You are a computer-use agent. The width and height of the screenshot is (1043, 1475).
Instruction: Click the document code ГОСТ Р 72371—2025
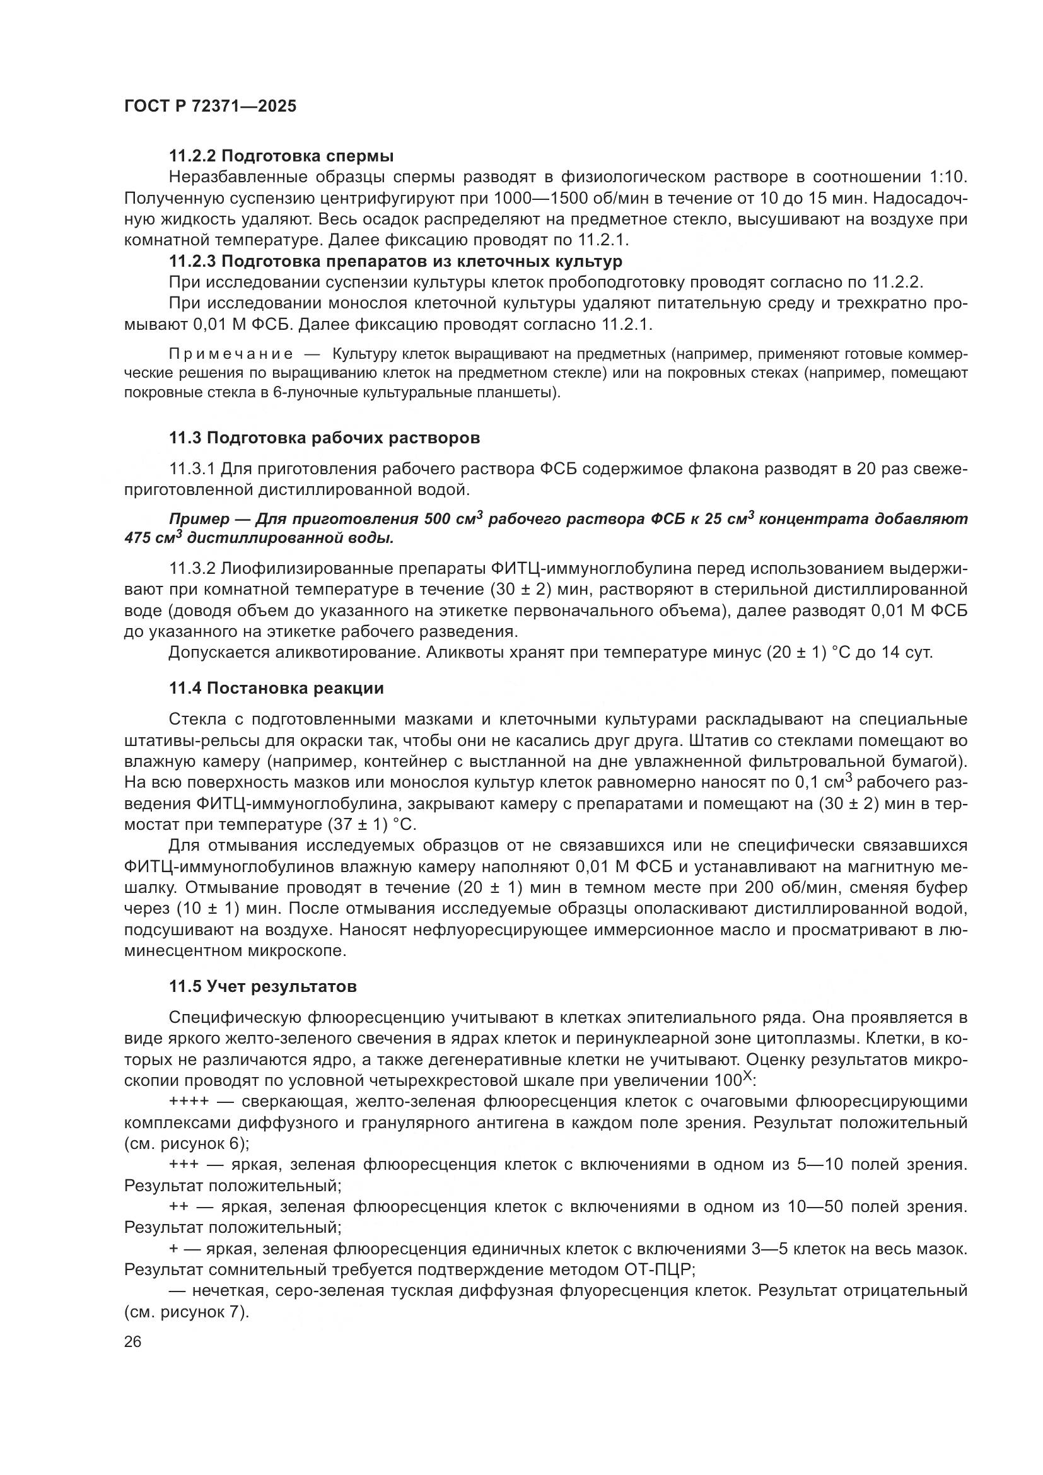pyautogui.click(x=210, y=106)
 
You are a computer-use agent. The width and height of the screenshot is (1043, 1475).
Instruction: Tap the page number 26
pyautogui.click(x=132, y=1342)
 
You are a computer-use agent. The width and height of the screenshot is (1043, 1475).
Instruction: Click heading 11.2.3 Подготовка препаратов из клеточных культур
pyautogui.click(x=395, y=262)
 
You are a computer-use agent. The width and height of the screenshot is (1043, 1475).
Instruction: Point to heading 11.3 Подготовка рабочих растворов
pyautogui.click(x=324, y=438)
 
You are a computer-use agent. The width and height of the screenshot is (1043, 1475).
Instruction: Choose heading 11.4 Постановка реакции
pyautogui.click(x=276, y=688)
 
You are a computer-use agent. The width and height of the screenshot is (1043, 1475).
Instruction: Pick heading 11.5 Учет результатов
pyautogui.click(x=263, y=986)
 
